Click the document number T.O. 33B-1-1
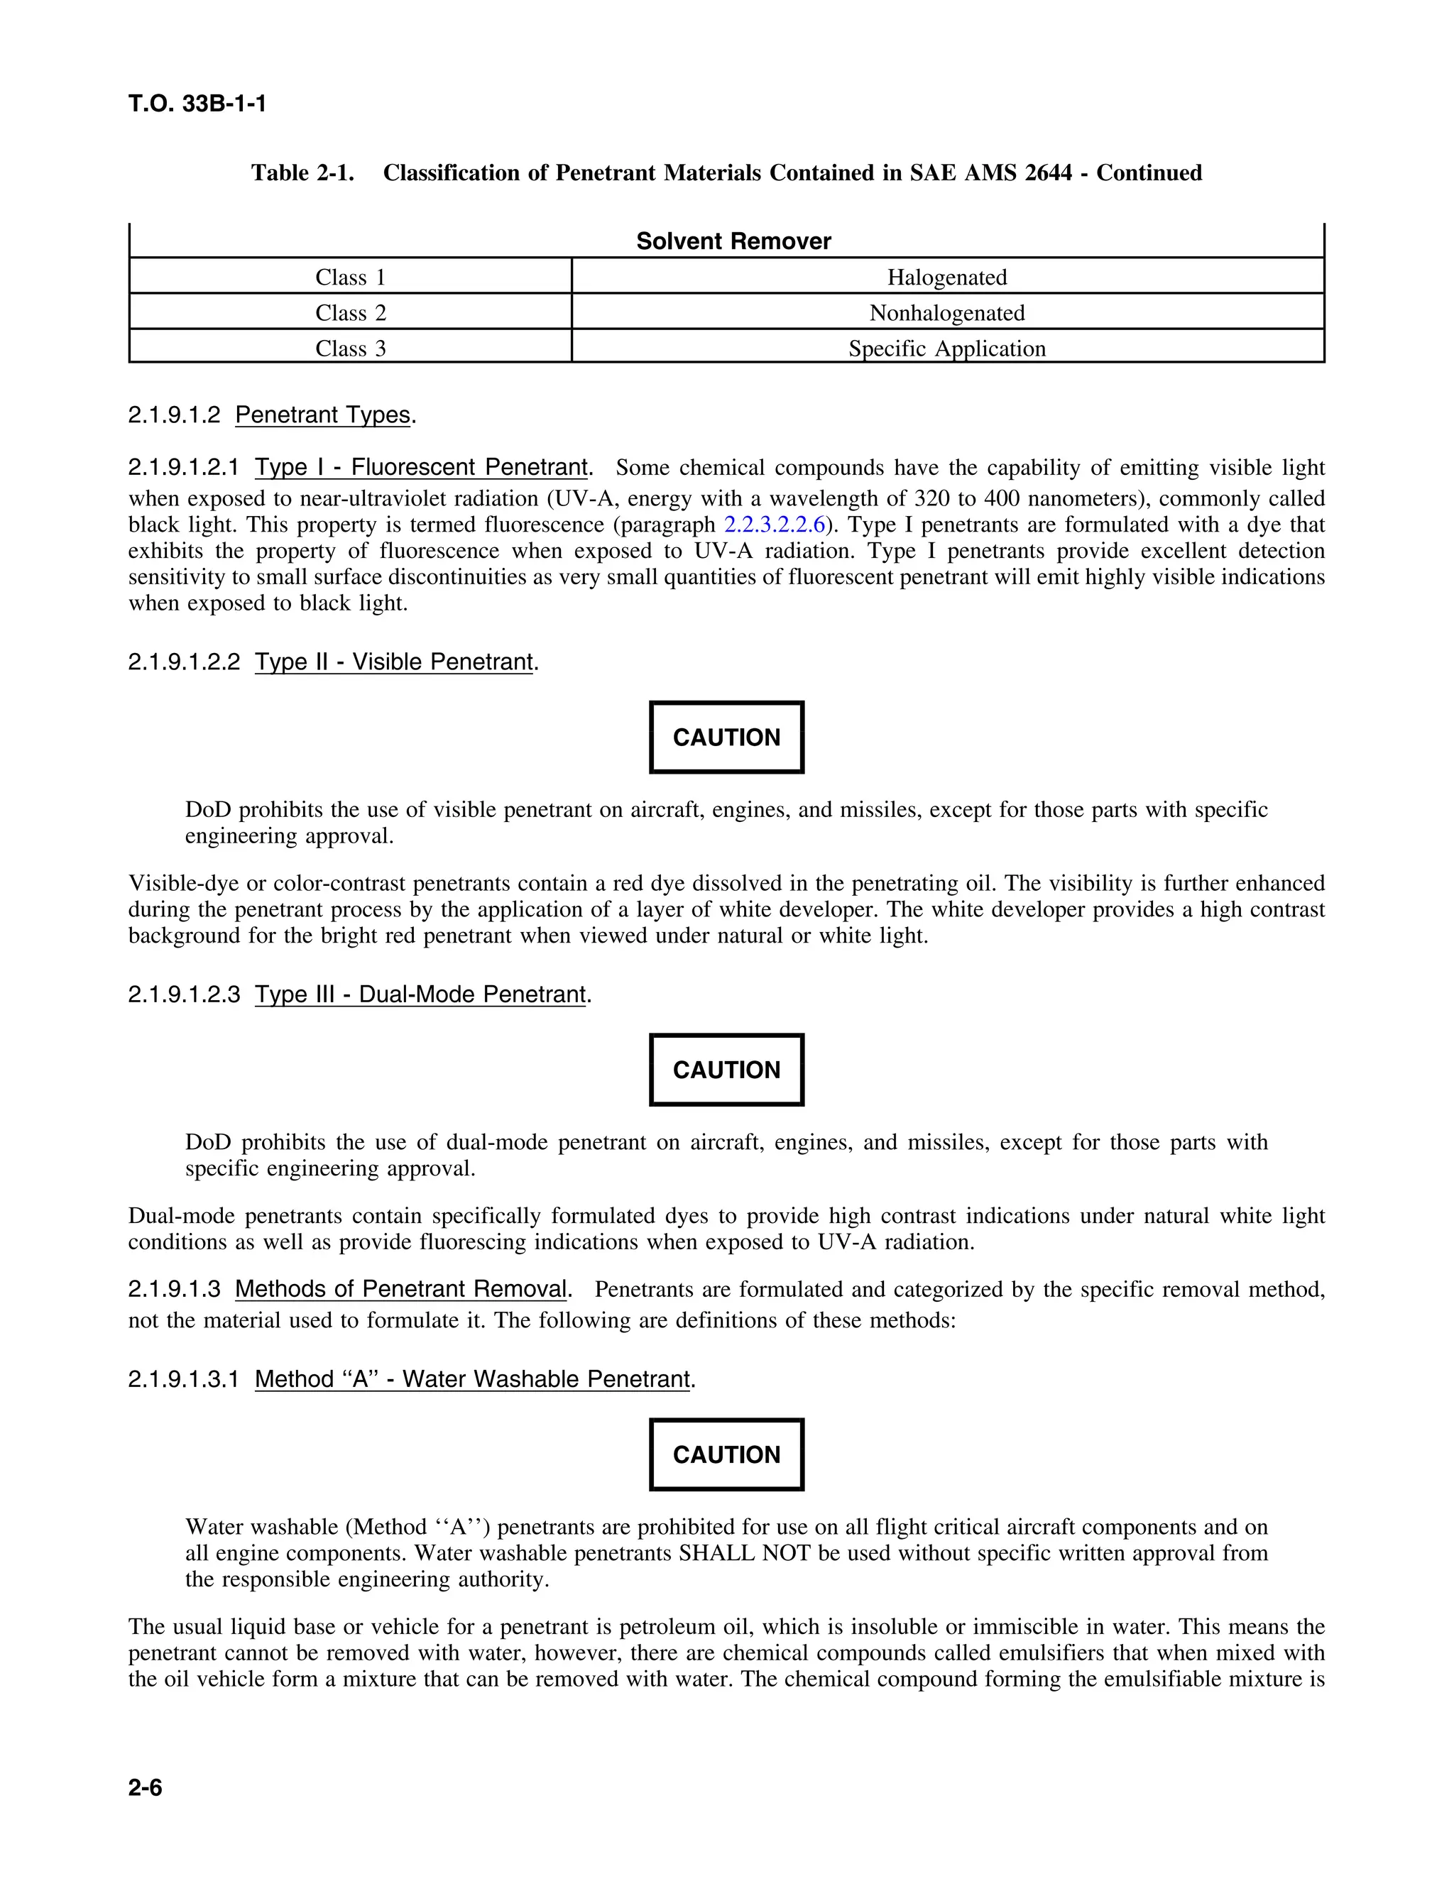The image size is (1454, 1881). point(197,104)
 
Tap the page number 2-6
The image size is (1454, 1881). point(145,1788)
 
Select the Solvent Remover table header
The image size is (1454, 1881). point(733,241)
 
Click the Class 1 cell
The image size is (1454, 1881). point(350,278)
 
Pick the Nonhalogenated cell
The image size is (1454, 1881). point(946,312)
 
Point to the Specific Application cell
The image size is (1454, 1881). point(946,349)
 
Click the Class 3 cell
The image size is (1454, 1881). point(350,349)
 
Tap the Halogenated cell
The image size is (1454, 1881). point(946,278)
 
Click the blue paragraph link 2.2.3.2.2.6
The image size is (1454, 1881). point(774,525)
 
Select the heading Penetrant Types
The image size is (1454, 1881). point(322,415)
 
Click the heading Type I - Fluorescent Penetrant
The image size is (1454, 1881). point(421,468)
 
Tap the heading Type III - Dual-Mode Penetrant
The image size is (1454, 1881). point(420,994)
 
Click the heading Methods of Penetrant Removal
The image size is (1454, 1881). point(400,1289)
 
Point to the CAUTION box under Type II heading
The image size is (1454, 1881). point(726,737)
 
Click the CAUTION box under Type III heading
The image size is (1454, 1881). point(726,1070)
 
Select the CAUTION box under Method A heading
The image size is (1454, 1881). point(726,1454)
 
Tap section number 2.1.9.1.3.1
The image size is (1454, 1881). point(183,1380)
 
